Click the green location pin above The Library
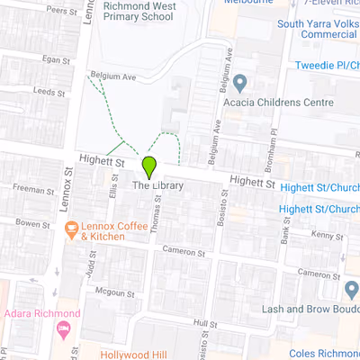[x=149, y=166]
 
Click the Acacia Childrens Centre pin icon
[x=240, y=85]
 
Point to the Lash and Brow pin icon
[x=351, y=290]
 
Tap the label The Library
[x=158, y=186]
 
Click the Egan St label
[x=55, y=59]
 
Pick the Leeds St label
[x=43, y=92]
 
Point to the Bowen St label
[x=31, y=222]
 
